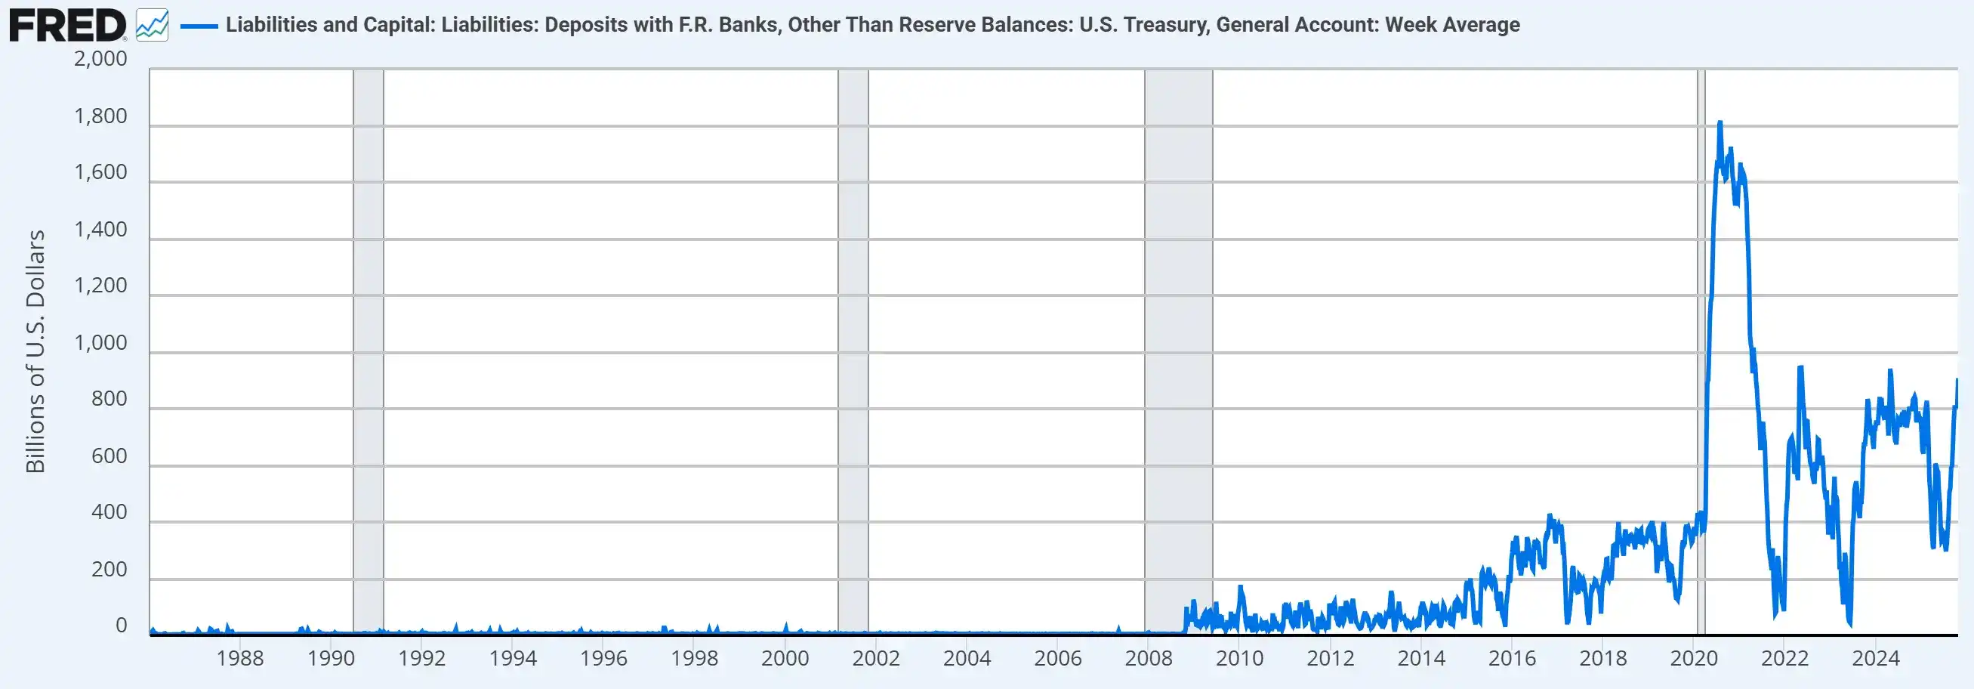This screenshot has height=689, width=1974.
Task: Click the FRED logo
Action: (x=67, y=25)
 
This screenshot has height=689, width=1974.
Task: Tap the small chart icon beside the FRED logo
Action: (x=152, y=25)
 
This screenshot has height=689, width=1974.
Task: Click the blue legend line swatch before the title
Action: (x=199, y=26)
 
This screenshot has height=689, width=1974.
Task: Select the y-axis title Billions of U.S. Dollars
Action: (x=35, y=351)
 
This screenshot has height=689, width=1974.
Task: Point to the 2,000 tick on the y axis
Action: (x=100, y=59)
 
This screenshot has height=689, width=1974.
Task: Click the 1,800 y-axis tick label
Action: (x=100, y=116)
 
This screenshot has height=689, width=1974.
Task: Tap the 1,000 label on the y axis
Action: (x=100, y=342)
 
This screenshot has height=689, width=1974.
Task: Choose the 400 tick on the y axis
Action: (x=109, y=512)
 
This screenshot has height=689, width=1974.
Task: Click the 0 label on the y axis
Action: (x=121, y=626)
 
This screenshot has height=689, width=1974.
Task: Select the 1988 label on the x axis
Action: (x=240, y=658)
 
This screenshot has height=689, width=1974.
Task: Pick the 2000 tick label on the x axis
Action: (x=785, y=658)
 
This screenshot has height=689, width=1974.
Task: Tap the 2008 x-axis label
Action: (x=1149, y=658)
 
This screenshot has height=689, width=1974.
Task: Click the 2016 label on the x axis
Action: (x=1512, y=658)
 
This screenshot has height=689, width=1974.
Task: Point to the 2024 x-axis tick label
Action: (x=1875, y=658)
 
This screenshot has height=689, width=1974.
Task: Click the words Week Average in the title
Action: (x=1452, y=25)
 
